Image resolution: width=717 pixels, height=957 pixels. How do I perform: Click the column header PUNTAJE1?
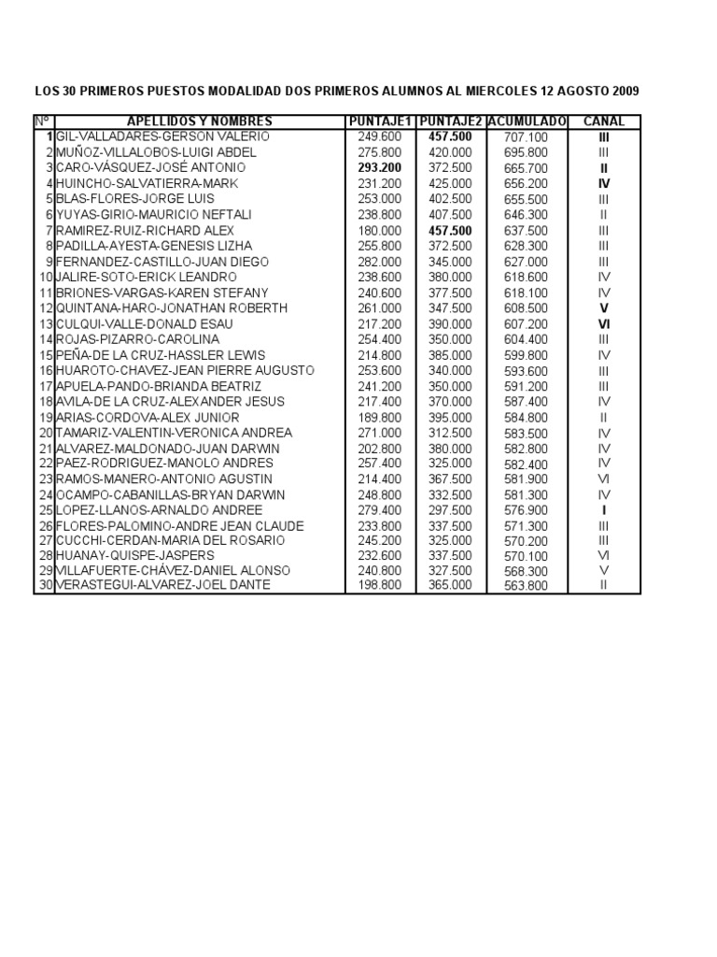tap(379, 121)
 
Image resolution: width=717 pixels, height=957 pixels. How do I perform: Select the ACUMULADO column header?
tap(527, 121)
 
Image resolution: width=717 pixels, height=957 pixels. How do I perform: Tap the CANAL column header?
tap(604, 121)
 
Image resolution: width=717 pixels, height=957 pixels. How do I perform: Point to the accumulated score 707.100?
tap(527, 136)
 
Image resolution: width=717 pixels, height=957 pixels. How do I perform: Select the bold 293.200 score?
tap(379, 167)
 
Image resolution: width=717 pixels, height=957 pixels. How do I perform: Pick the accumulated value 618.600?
tap(527, 277)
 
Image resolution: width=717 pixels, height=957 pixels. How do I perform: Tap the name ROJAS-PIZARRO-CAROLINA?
tap(138, 339)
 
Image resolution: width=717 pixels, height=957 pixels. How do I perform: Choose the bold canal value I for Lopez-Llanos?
tap(604, 510)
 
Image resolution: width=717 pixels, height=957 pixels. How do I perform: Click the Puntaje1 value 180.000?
tap(379, 230)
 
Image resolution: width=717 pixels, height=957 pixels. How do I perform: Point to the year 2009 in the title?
tap(626, 92)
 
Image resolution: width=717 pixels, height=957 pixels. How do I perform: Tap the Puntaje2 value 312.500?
tap(450, 433)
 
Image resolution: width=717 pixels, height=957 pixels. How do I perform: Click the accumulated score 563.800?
tap(527, 585)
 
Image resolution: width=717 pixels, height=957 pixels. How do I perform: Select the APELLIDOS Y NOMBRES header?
tap(200, 121)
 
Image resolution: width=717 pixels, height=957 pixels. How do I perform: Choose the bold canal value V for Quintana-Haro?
tap(604, 307)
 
